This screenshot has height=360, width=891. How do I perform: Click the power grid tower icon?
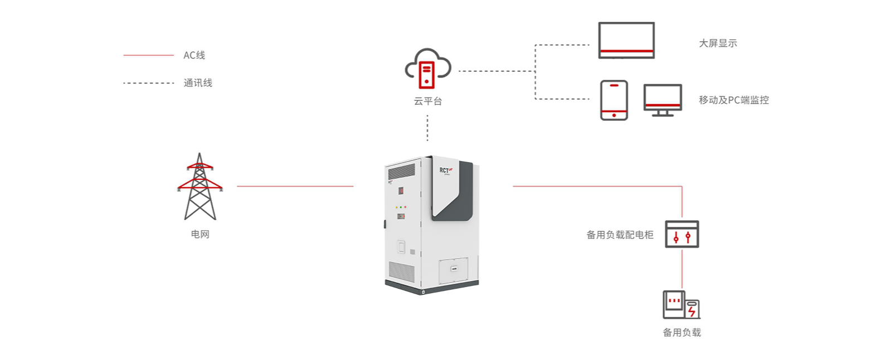[x=199, y=187]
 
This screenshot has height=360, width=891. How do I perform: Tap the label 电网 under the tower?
[x=200, y=234]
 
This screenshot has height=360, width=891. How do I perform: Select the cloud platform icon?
[x=428, y=69]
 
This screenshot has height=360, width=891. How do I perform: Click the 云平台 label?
[x=428, y=101]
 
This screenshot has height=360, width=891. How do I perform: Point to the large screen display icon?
[x=626, y=40]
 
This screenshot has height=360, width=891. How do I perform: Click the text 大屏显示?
[x=718, y=43]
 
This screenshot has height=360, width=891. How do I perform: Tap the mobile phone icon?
[x=614, y=100]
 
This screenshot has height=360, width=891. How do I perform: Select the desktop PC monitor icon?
[x=663, y=100]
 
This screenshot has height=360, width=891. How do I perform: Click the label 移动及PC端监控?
[x=734, y=100]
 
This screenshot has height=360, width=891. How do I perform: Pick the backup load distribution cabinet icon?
[x=682, y=234]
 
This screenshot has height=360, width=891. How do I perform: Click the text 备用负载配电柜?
[x=620, y=235]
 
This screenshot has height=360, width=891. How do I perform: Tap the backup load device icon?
[x=681, y=305]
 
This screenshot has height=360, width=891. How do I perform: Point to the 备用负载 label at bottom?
[x=682, y=333]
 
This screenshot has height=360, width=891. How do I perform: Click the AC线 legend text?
[x=194, y=55]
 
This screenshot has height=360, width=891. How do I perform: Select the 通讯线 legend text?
[x=198, y=83]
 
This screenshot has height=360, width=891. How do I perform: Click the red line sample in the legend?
[x=148, y=55]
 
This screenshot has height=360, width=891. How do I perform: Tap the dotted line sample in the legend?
[x=148, y=83]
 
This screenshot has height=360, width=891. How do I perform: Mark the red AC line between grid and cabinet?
[x=295, y=186]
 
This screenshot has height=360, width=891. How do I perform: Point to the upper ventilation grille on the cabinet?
[x=401, y=172]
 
